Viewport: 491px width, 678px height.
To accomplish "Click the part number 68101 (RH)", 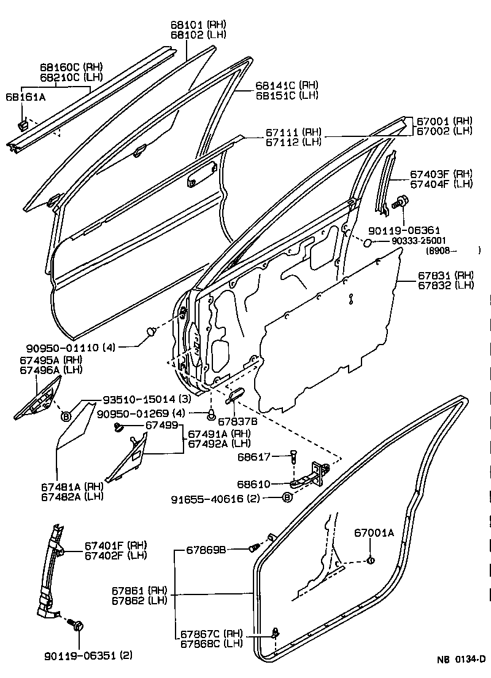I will [198, 24].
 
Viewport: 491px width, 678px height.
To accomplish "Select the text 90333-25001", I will [419, 241].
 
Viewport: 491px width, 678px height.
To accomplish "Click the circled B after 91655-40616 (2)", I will [287, 497].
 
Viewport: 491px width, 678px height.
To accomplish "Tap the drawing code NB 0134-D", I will [461, 660].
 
